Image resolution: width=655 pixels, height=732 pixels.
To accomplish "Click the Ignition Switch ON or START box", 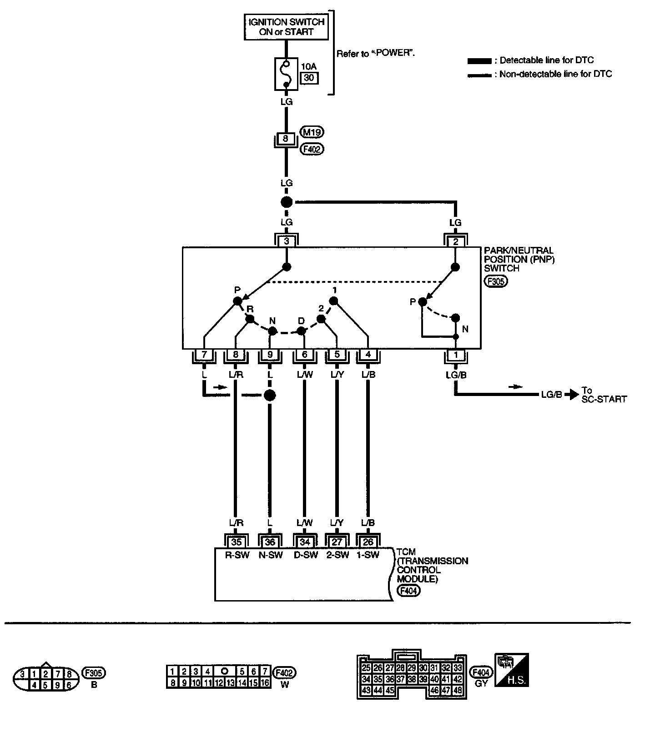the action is click(x=286, y=27).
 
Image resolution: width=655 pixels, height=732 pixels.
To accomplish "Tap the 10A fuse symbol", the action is click(x=286, y=74).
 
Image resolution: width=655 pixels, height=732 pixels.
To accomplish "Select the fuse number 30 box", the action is click(x=309, y=78).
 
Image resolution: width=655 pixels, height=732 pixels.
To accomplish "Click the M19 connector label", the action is click(x=312, y=132).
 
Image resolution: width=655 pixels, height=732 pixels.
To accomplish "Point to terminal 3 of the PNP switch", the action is click(x=286, y=241).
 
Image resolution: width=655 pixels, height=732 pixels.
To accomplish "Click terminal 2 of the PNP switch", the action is click(x=455, y=241).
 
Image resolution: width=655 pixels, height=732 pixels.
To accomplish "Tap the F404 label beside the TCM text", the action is click(x=408, y=590).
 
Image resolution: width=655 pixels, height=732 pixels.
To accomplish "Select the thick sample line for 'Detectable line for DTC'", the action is click(x=479, y=61).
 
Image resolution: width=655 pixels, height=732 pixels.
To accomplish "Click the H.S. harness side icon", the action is click(x=511, y=670).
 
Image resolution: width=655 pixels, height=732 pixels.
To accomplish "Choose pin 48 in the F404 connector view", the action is click(x=458, y=690).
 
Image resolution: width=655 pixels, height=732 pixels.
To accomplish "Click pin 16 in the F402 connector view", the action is click(x=265, y=682).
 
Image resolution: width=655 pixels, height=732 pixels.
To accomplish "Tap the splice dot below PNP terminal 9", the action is click(x=270, y=395).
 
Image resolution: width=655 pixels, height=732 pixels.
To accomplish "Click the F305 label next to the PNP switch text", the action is click(x=496, y=281).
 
